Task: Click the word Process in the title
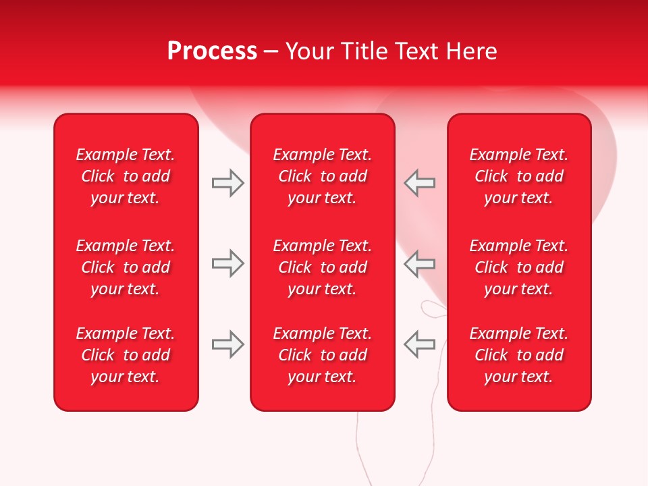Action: tap(212, 51)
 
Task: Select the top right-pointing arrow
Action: tap(227, 183)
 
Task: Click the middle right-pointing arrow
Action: tap(227, 263)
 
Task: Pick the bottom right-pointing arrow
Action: tap(227, 344)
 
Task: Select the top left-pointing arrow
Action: tap(419, 183)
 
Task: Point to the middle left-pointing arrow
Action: tap(419, 263)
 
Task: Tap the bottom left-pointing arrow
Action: tap(419, 344)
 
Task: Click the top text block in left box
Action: tap(126, 176)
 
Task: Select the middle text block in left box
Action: tap(126, 267)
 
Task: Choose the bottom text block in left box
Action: tap(126, 355)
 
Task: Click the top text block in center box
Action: tap(322, 176)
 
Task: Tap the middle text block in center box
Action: tap(322, 267)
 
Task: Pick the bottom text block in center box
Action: tap(322, 355)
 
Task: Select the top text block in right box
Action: tap(518, 176)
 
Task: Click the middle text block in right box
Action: tap(518, 267)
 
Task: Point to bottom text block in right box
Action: tap(518, 355)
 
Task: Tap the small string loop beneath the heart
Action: tap(432, 309)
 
